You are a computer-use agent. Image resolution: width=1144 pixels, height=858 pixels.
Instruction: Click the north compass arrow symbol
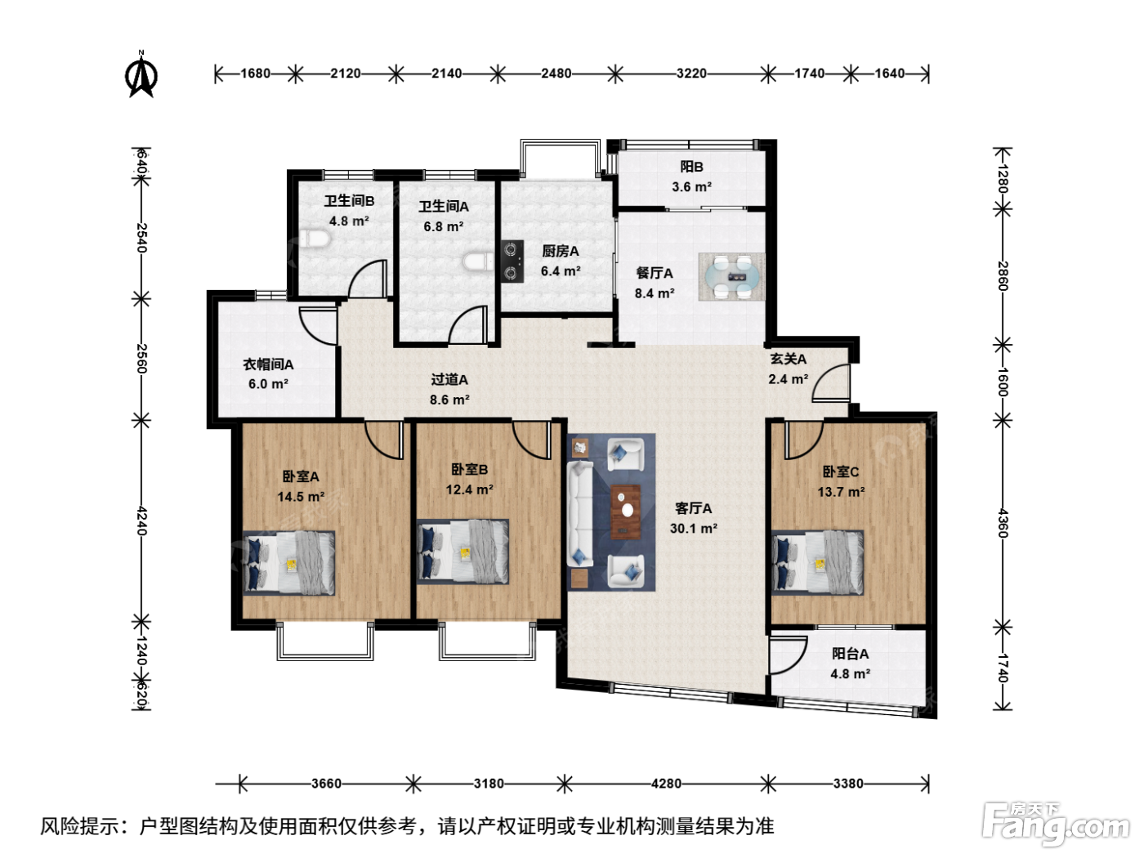141,74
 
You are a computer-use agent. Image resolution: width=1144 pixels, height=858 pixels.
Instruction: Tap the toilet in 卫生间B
315,239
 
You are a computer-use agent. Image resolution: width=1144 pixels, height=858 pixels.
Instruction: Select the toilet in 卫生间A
479,261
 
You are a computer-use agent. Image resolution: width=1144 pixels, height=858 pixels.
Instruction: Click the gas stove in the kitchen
512,261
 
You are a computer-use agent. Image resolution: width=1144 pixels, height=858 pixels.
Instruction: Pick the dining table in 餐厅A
731,277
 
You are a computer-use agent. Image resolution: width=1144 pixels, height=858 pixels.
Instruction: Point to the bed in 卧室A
288,563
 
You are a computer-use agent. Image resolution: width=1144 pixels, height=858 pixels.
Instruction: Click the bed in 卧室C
817,563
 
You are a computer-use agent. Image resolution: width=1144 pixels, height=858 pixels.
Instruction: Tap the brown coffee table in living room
625,512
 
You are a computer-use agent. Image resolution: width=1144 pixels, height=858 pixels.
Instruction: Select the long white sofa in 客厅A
580,513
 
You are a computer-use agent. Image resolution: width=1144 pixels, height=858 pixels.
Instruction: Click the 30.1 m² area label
693,528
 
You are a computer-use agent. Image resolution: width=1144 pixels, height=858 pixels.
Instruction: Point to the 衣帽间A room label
268,364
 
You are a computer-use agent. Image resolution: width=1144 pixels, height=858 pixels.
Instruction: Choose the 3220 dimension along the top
691,74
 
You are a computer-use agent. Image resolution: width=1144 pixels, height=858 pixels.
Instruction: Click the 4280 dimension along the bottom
666,783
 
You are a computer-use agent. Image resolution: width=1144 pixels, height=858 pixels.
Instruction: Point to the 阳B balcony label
691,167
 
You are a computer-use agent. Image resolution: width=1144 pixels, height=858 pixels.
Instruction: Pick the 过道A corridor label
449,380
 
